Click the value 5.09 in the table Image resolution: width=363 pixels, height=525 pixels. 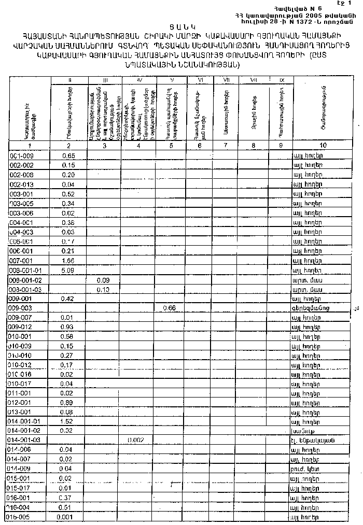[x=68, y=270]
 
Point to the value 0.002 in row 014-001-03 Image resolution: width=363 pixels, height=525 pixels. [x=136, y=441]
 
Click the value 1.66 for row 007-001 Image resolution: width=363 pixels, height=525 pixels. [x=68, y=261]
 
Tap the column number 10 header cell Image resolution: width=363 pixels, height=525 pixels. [x=323, y=146]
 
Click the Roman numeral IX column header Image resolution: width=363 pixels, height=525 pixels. [x=282, y=80]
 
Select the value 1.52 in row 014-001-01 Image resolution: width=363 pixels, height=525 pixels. [x=68, y=421]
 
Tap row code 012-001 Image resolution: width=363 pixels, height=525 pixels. [x=21, y=403]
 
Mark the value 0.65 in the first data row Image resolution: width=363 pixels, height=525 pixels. [x=68, y=155]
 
